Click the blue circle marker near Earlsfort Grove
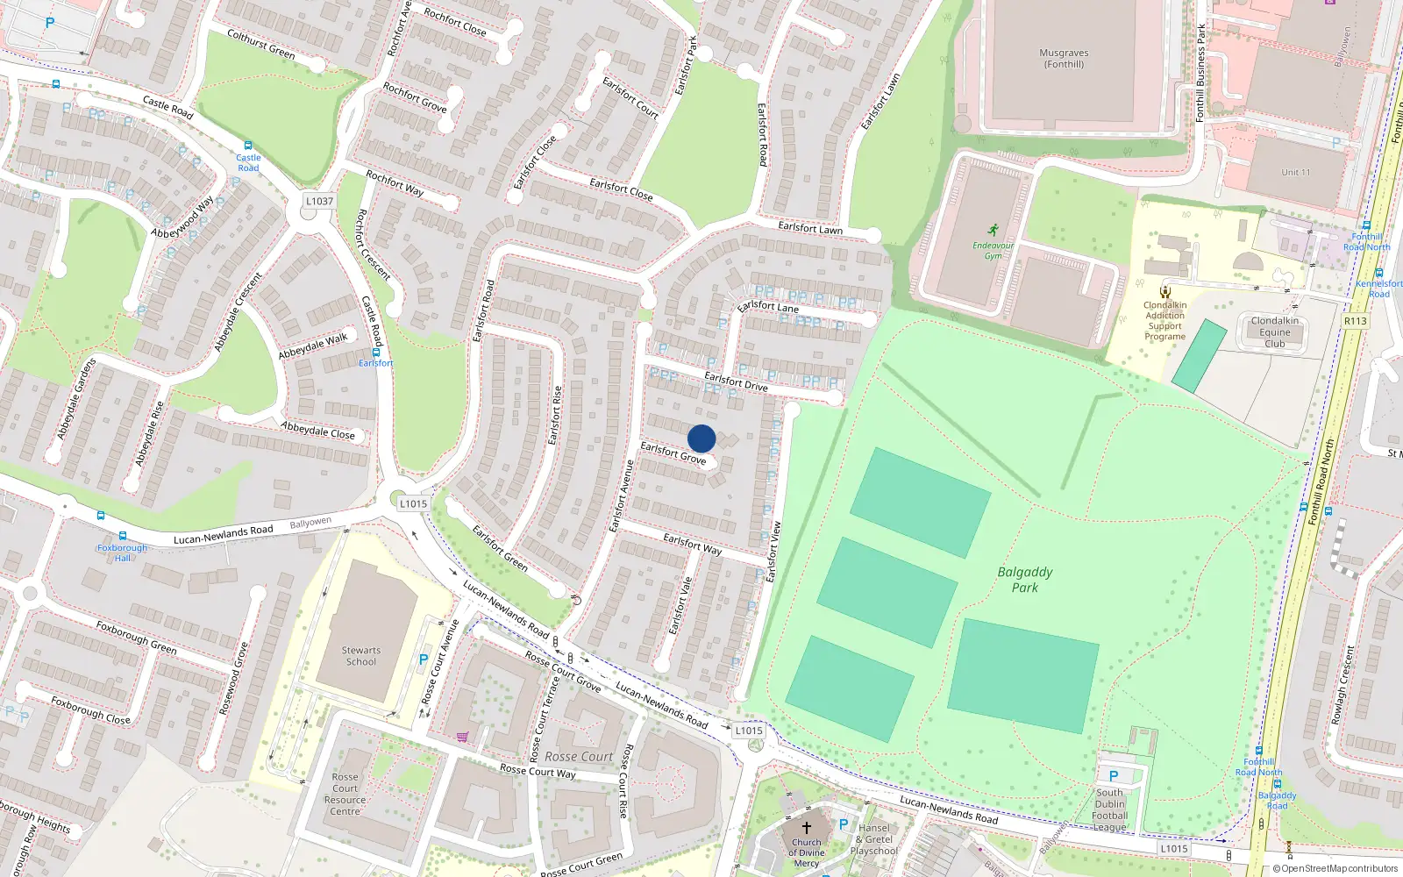point(701,438)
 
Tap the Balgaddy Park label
point(1025,580)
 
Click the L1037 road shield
point(319,201)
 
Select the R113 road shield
point(1355,321)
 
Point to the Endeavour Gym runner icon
point(993,231)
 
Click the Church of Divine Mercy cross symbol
point(807,827)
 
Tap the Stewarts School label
point(360,656)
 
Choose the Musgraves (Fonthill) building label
point(1064,58)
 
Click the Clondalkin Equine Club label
point(1275,332)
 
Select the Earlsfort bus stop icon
point(375,352)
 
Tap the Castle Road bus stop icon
point(248,146)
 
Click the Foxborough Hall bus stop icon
point(122,536)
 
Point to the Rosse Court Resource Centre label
point(345,794)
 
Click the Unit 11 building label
point(1295,172)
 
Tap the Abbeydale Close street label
point(317,430)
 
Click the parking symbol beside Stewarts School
point(424,660)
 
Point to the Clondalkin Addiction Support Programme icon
point(1164,292)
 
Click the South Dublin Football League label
point(1109,809)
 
